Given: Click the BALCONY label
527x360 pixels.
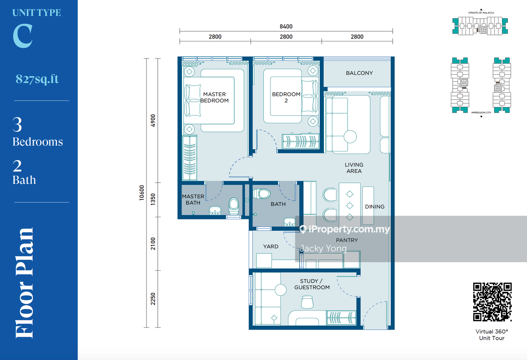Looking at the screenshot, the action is [x=359, y=73].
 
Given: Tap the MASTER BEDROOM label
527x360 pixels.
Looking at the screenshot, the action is [x=214, y=97].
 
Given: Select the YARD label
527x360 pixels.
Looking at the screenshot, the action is [x=270, y=246].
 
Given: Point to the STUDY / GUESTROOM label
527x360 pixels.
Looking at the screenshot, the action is [x=312, y=284].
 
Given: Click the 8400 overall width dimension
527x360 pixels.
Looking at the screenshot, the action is [x=286, y=26].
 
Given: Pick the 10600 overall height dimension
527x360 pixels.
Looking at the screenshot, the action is [x=141, y=193].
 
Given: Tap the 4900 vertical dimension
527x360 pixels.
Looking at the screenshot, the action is [x=153, y=120].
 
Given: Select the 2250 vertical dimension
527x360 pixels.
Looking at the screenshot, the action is [x=153, y=299].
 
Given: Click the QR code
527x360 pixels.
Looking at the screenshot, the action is [x=493, y=302].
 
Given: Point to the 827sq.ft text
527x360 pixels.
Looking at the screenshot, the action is [x=37, y=79].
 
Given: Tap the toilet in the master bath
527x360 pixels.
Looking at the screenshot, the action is [x=234, y=206].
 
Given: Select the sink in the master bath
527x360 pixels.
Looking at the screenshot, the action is [x=215, y=211].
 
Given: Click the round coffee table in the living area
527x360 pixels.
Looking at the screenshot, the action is [x=350, y=137].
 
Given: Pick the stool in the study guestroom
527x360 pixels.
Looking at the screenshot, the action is [x=307, y=302].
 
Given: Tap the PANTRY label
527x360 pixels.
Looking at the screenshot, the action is [x=347, y=240].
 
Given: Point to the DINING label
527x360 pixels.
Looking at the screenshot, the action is [x=374, y=207].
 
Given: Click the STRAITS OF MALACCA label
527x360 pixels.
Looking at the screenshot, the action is [x=481, y=13].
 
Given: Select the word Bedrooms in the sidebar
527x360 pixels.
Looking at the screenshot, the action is [x=38, y=142].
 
